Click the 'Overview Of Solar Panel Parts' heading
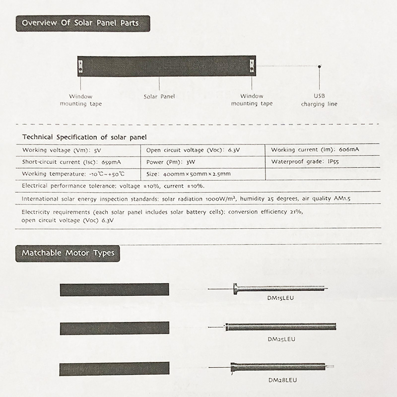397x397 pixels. click(83, 23)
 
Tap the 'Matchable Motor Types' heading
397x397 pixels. click(67, 253)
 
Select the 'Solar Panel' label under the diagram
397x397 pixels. click(159, 96)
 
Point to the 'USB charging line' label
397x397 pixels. click(319, 100)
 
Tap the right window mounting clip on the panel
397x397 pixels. click(252, 66)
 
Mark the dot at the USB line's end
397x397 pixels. click(319, 66)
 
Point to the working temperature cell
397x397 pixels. click(73, 174)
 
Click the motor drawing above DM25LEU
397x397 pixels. click(280, 327)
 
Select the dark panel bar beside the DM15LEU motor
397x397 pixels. click(115, 289)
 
